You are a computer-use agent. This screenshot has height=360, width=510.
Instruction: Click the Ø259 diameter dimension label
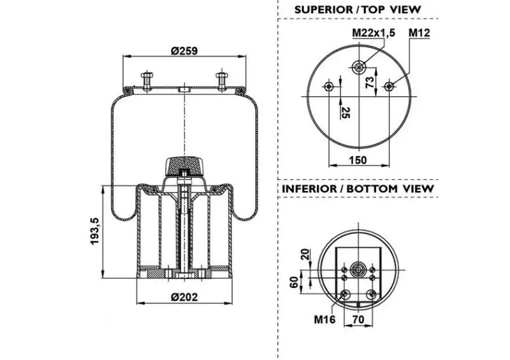[x=184, y=51]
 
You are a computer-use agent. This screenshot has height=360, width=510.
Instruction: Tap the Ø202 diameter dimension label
[x=184, y=297]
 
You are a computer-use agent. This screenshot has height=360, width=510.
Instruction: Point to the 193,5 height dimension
[x=95, y=231]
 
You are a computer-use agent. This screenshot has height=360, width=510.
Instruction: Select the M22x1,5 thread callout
[x=374, y=32]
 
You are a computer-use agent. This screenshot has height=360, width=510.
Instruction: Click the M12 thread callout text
[x=419, y=32]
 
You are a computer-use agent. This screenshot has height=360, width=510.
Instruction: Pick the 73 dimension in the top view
[x=370, y=83]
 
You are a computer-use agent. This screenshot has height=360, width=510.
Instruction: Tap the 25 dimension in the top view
[x=346, y=113]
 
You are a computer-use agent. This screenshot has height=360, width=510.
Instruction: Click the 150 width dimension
[x=358, y=160]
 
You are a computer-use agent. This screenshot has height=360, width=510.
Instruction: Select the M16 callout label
[x=324, y=319]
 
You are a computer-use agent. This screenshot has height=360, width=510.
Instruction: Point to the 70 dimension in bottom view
[x=358, y=319]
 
